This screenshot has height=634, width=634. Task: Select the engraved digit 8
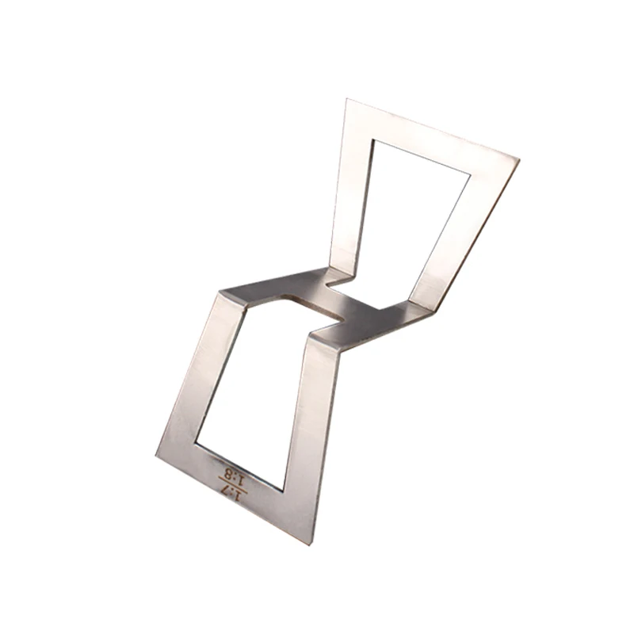tap(228, 473)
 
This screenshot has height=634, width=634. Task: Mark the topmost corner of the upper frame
tap(347, 98)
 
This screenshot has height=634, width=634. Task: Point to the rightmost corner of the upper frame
tap(519, 160)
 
